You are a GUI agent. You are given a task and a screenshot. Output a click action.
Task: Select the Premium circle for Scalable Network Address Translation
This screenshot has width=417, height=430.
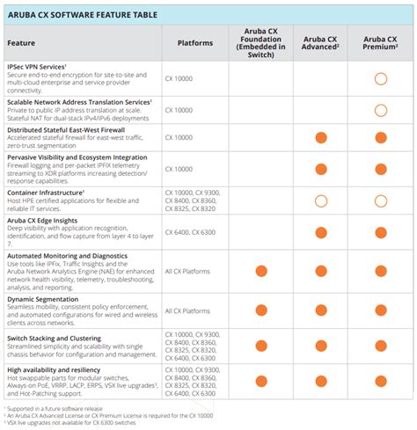(x=380, y=110)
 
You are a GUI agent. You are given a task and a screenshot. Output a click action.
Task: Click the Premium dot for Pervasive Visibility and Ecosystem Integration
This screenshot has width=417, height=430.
(x=380, y=168)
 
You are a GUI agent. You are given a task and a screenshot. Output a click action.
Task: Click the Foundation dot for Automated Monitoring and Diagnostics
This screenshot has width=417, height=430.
(x=261, y=273)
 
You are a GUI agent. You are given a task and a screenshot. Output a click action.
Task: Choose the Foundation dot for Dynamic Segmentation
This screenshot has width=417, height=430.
(x=261, y=311)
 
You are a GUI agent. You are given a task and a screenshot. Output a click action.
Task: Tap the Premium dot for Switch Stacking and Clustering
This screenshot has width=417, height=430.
(x=380, y=346)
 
